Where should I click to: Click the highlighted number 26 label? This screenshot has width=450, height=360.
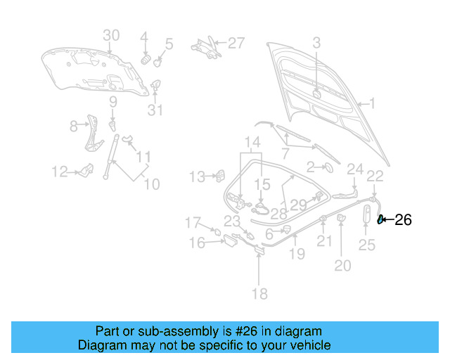[x=403, y=220]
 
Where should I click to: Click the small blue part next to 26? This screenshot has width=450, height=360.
[x=381, y=220]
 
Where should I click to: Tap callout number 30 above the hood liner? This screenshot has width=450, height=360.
[x=111, y=36]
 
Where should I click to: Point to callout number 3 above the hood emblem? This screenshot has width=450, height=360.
[x=316, y=43]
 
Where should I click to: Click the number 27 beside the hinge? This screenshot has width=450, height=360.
[x=236, y=43]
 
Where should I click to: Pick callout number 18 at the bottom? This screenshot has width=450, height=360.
[x=259, y=294]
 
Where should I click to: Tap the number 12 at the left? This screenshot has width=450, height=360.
[x=59, y=171]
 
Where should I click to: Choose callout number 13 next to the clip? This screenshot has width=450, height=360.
[x=198, y=176]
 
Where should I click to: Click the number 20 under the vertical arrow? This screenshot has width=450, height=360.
[x=342, y=265]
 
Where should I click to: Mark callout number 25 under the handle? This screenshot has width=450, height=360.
[x=367, y=245]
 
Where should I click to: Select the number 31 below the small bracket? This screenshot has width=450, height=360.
[x=155, y=110]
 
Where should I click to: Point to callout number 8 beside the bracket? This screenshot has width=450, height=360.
[x=73, y=127]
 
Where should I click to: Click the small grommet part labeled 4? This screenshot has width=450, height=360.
[x=147, y=57]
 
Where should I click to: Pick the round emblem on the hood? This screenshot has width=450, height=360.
[x=316, y=94]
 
